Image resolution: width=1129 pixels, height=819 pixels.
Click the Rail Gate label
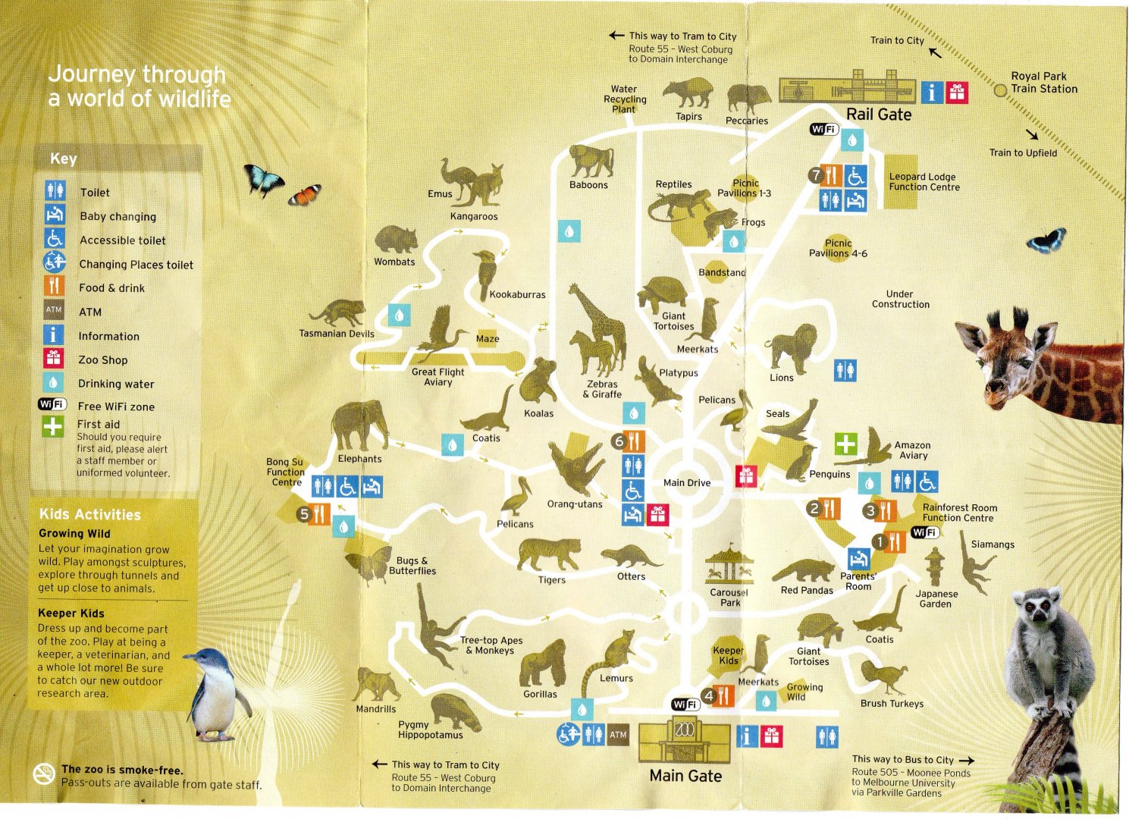[x=878, y=115]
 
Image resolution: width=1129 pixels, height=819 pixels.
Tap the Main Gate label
[x=685, y=776]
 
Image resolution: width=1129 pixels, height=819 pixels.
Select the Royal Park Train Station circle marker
[x=1000, y=90]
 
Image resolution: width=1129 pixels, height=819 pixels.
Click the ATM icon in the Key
[x=54, y=310]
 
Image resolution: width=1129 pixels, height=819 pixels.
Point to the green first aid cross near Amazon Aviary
[x=845, y=444]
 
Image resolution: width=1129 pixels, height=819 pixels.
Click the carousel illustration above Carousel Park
[x=729, y=566]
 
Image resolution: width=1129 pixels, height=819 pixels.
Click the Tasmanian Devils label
[x=337, y=334]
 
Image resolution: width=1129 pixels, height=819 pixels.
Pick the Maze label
[x=488, y=339]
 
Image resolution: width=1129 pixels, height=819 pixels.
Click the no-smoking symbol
[x=44, y=773]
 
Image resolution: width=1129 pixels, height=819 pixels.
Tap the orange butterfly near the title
[x=305, y=195]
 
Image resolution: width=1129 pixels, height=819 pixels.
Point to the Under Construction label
[x=900, y=299]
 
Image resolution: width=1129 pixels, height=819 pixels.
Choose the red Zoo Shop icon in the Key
[x=53, y=359]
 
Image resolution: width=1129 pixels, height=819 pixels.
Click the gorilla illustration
[x=543, y=663]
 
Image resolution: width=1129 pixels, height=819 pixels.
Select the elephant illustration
[x=359, y=426]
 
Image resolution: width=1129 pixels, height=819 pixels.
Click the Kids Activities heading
[x=89, y=514]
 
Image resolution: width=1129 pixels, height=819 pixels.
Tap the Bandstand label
[x=722, y=272]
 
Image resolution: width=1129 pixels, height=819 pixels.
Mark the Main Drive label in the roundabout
[x=687, y=482]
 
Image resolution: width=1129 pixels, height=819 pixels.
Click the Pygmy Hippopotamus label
[x=430, y=730]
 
